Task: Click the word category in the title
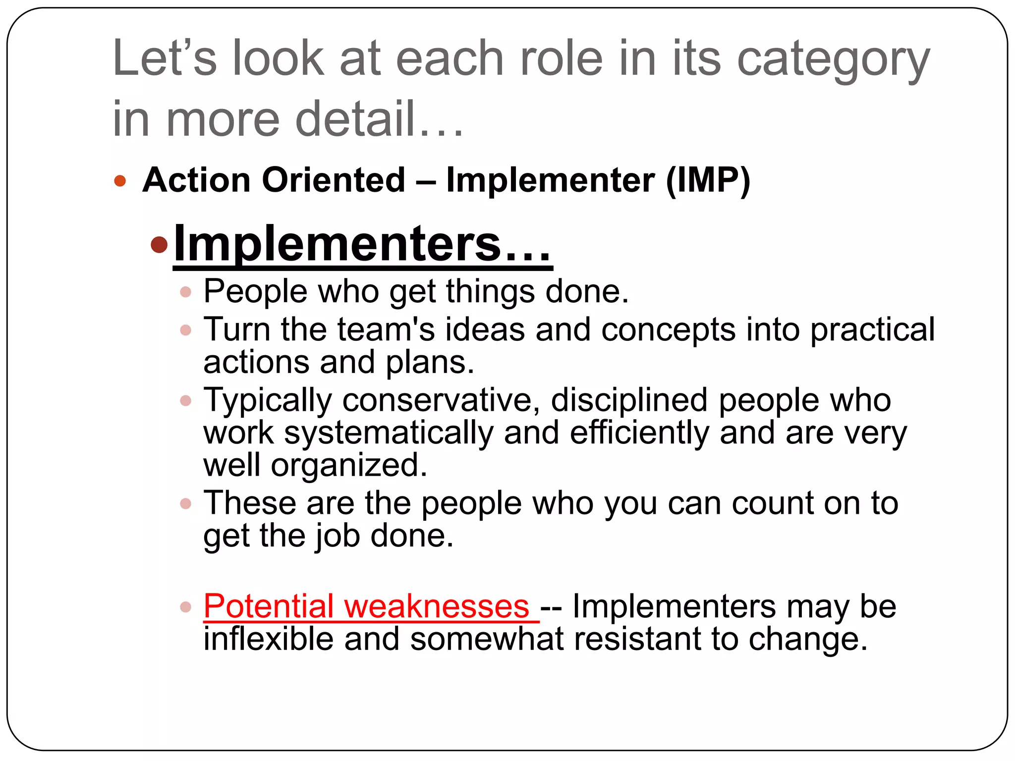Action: tap(833, 60)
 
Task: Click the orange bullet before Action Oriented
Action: tap(120, 180)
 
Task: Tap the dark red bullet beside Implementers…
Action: tap(159, 244)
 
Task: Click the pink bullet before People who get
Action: tap(186, 292)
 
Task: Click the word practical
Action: tap(872, 330)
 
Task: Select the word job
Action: tap(338, 537)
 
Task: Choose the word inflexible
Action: tap(268, 639)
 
